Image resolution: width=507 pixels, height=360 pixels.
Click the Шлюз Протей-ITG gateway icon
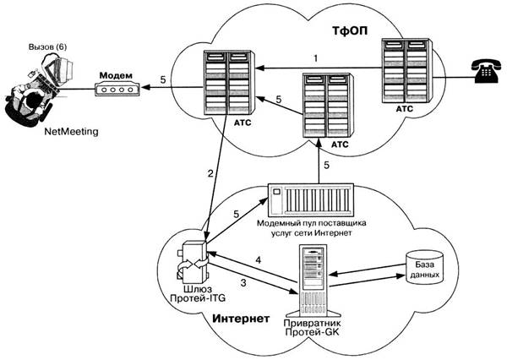click(194, 262)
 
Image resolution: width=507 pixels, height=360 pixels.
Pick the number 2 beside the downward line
click(211, 174)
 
